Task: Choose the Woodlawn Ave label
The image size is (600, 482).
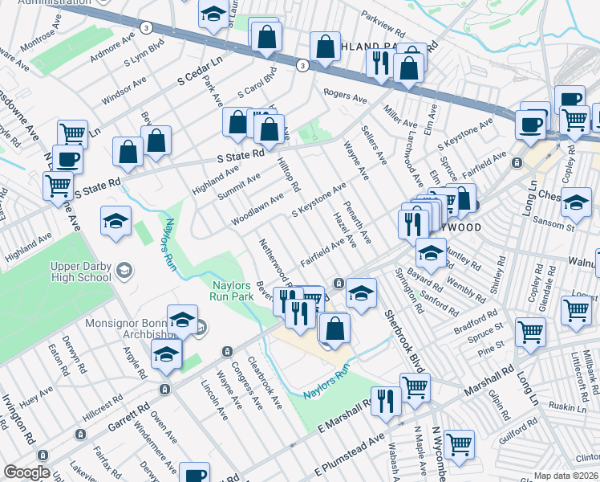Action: pyautogui.click(x=257, y=208)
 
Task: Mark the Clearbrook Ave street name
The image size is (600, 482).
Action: pyautogui.click(x=266, y=382)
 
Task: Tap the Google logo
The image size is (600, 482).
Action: pyautogui.click(x=26, y=472)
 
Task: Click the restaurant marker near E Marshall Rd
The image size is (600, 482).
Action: pyautogui.click(x=385, y=400)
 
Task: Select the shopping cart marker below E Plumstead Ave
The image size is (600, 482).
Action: pyautogui.click(x=459, y=443)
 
